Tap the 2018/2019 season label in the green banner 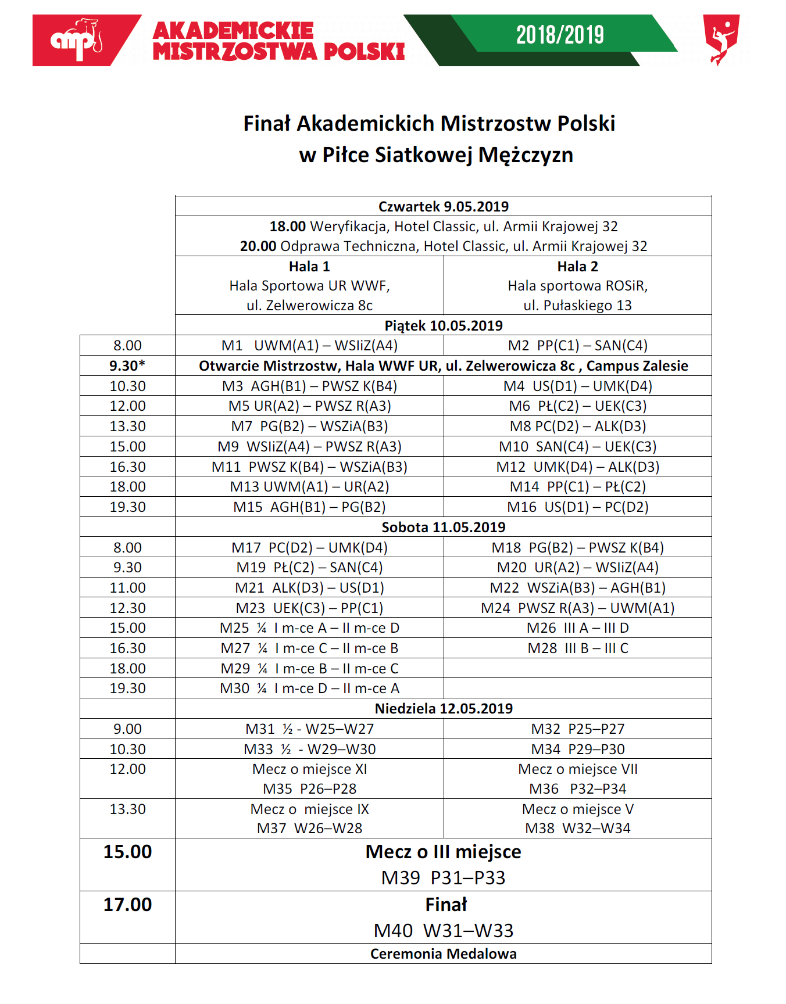[x=560, y=35]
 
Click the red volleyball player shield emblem [x=721, y=39]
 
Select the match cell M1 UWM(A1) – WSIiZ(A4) [x=309, y=346]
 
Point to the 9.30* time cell [x=127, y=366]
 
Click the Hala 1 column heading [x=309, y=267]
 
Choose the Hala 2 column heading [x=577, y=267]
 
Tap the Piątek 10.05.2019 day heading [x=444, y=325]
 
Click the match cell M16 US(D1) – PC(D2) [x=577, y=507]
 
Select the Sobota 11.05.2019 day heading [x=444, y=528]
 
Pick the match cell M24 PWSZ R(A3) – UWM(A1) [x=577, y=608]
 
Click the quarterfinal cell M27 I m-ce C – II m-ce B [x=309, y=648]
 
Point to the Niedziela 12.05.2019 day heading [x=444, y=709]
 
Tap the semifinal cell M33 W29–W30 [x=309, y=750]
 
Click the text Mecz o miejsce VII [x=577, y=769]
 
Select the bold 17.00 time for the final [x=127, y=905]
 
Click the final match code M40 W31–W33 [x=444, y=931]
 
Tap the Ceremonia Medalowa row [x=444, y=954]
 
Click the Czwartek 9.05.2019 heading [x=444, y=207]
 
